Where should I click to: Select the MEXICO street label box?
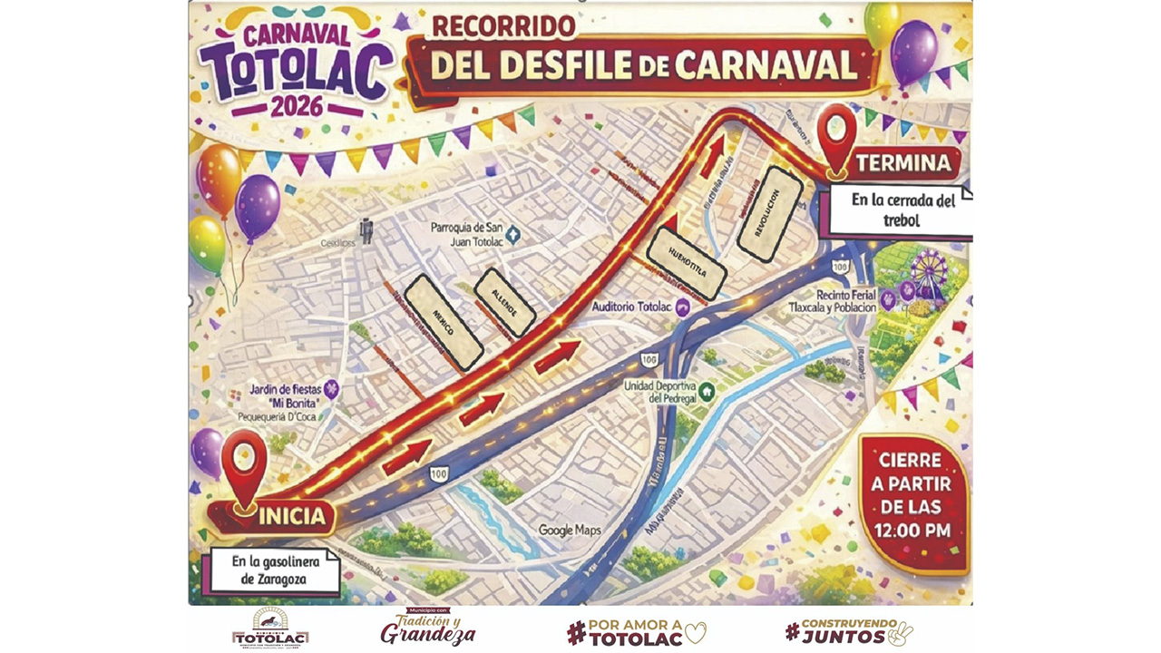tap(443, 323)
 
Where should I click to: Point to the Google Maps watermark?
tap(570, 530)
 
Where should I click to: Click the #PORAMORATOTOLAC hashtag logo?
tap(635, 632)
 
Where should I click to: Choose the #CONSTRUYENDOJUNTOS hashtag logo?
tap(848, 632)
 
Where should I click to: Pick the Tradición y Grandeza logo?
tap(427, 628)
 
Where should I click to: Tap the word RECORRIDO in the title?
tap(503, 26)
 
